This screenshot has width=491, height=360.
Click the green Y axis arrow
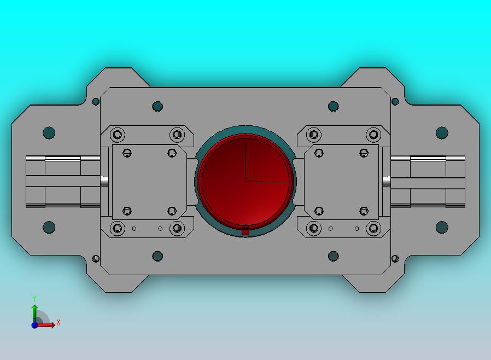coord(34,313)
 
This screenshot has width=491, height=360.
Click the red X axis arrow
coord(45,325)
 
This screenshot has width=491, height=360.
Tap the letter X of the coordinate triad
coord(59,322)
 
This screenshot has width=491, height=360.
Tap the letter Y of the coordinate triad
coord(34,298)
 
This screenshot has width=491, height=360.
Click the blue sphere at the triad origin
coord(34,325)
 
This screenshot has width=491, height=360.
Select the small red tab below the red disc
coord(245,231)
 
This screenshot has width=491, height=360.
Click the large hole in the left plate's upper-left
coord(49,132)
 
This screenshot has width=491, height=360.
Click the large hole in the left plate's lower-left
coord(49,227)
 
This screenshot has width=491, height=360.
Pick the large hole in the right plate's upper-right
coord(442,132)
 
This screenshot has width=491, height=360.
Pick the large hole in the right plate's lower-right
coord(442,227)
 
